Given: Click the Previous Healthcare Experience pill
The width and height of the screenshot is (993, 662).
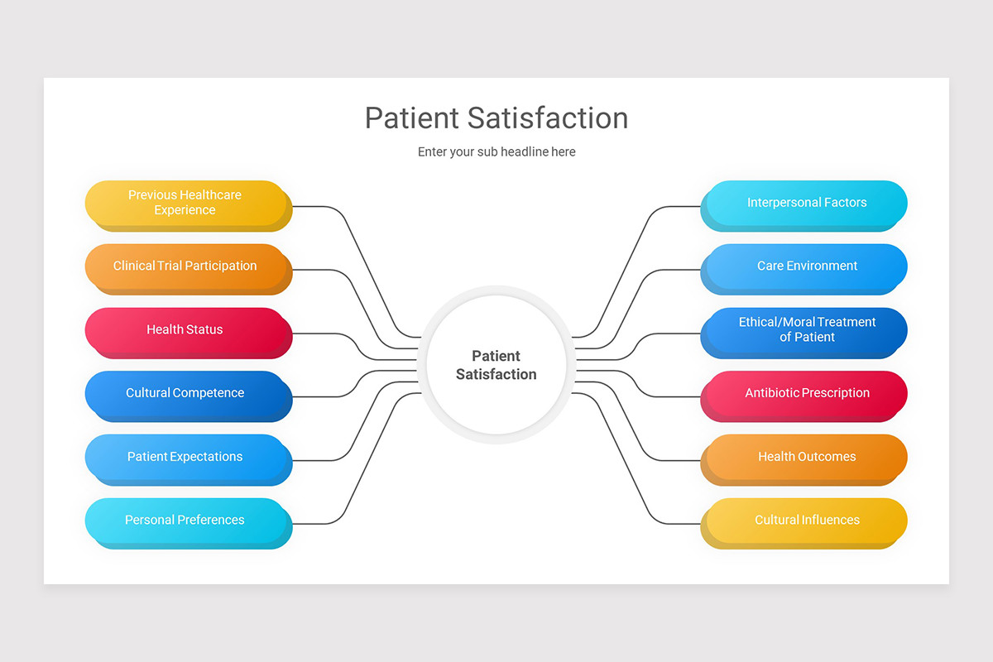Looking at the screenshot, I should click(x=185, y=203).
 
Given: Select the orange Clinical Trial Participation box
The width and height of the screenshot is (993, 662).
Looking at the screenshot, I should click(x=185, y=266).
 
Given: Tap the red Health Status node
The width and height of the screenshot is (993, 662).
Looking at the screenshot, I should click(x=185, y=330).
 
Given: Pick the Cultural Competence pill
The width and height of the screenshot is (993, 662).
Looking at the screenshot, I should click(x=185, y=393).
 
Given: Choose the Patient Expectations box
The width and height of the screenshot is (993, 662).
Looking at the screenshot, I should click(x=185, y=457).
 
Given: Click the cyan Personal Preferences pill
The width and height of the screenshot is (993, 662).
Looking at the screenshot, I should click(x=185, y=520).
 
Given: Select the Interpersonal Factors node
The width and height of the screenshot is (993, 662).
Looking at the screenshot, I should click(x=807, y=203).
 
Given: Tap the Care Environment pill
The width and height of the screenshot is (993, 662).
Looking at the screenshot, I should click(x=807, y=266).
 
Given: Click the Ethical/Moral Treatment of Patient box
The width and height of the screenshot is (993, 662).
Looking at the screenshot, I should click(x=807, y=330).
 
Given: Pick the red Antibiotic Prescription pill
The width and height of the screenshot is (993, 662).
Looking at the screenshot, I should click(x=807, y=393).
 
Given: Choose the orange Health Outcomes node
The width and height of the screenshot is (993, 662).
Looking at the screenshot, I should click(x=807, y=457).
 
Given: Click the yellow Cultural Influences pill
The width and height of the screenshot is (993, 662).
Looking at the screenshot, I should click(x=807, y=520).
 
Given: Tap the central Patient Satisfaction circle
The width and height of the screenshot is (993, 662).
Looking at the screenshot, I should click(x=496, y=365).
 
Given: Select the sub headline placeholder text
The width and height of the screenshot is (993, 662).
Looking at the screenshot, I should click(x=496, y=152).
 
